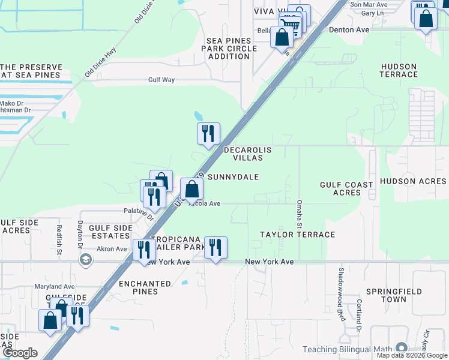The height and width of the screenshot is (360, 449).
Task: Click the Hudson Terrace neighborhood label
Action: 399,70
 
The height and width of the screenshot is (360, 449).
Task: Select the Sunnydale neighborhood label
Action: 233,177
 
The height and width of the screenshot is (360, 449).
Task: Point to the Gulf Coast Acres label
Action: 346,189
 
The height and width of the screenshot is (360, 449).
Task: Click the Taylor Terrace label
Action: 297,235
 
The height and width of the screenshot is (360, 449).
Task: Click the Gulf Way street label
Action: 161,80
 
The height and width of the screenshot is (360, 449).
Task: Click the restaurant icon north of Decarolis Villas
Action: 208,133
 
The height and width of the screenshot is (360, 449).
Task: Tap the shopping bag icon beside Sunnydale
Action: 191,189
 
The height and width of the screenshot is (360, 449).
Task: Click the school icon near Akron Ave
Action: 85,259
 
